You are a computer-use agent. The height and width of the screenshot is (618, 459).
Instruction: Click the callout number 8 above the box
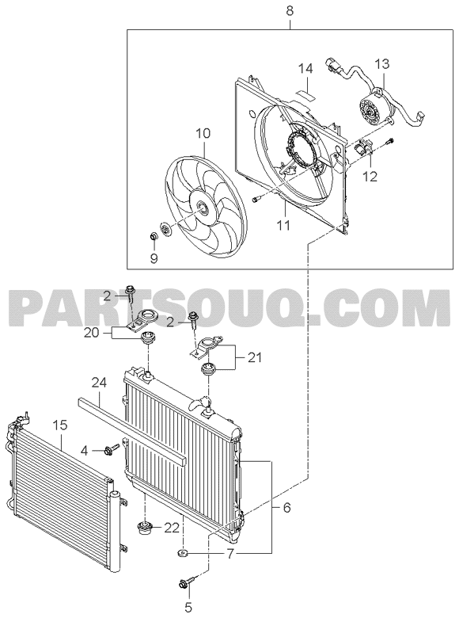[x=290, y=10]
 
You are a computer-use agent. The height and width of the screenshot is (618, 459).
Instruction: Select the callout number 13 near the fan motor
[x=381, y=63]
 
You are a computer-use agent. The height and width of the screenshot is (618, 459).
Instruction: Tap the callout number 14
[x=305, y=69]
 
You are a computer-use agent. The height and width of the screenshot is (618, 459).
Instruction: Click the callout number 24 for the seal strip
[x=100, y=383]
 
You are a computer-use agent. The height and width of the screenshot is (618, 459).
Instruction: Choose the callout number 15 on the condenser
[x=61, y=425]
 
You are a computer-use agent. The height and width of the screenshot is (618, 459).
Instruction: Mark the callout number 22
[x=172, y=528]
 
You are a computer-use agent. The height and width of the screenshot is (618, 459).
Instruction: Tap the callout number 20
[x=91, y=334]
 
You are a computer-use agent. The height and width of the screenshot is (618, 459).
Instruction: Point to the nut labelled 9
[x=154, y=237]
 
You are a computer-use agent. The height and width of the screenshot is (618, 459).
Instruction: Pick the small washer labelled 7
[x=183, y=554]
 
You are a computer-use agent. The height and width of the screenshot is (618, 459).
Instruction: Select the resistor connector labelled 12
[x=363, y=149]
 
